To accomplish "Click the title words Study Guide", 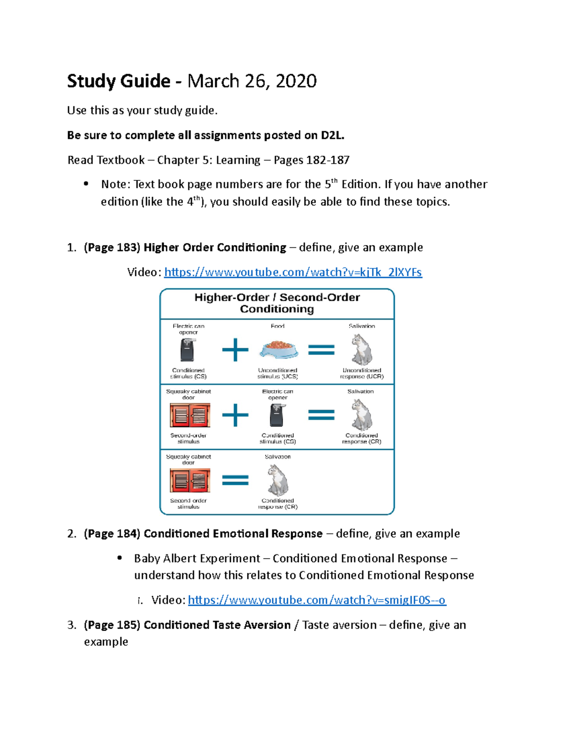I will click(118, 81).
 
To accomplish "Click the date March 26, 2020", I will click(252, 81).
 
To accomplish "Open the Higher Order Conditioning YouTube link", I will click(293, 272).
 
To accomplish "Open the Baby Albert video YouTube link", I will click(316, 600).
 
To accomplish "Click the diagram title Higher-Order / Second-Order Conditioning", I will click(277, 303).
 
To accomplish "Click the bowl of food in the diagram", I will click(278, 349).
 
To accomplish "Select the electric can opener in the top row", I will click(188, 350).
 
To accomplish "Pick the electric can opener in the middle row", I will click(277, 415).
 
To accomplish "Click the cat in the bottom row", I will click(278, 480).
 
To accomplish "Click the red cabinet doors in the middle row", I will click(190, 415).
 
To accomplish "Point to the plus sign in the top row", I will click(236, 350).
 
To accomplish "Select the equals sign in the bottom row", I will click(236, 480).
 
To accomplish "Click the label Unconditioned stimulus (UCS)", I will click(278, 373).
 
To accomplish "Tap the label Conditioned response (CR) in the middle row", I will click(362, 438).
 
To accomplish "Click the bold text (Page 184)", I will click(112, 534).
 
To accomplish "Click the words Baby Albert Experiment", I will click(197, 559).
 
